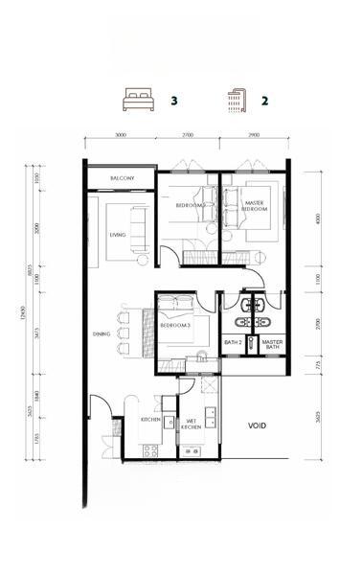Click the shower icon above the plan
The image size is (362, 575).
235,98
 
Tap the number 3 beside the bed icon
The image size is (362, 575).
173,99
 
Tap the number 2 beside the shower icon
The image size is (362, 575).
264,99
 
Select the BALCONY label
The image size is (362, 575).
121,179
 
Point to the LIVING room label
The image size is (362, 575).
118,234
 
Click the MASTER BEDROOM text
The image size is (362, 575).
256,205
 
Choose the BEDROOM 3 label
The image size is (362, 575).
176,326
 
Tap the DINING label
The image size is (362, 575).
102,333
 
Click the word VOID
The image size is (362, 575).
257,425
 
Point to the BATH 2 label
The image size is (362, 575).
232,341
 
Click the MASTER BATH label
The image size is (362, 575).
272,343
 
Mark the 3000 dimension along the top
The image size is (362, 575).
121,135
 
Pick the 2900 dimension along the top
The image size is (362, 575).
252,135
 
